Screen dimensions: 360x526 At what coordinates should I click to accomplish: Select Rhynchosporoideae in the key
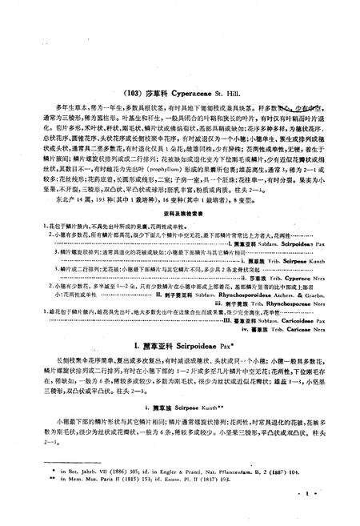point(236,295)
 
